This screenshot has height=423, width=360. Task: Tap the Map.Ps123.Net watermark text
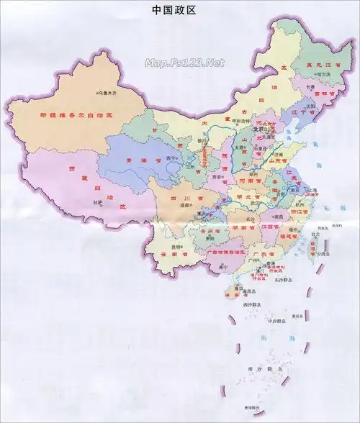click(x=184, y=63)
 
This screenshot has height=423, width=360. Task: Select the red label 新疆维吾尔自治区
click(x=77, y=115)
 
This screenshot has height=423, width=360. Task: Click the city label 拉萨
click(x=98, y=203)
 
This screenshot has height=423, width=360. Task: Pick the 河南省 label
click(x=247, y=182)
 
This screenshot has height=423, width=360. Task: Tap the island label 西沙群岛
click(x=253, y=305)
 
